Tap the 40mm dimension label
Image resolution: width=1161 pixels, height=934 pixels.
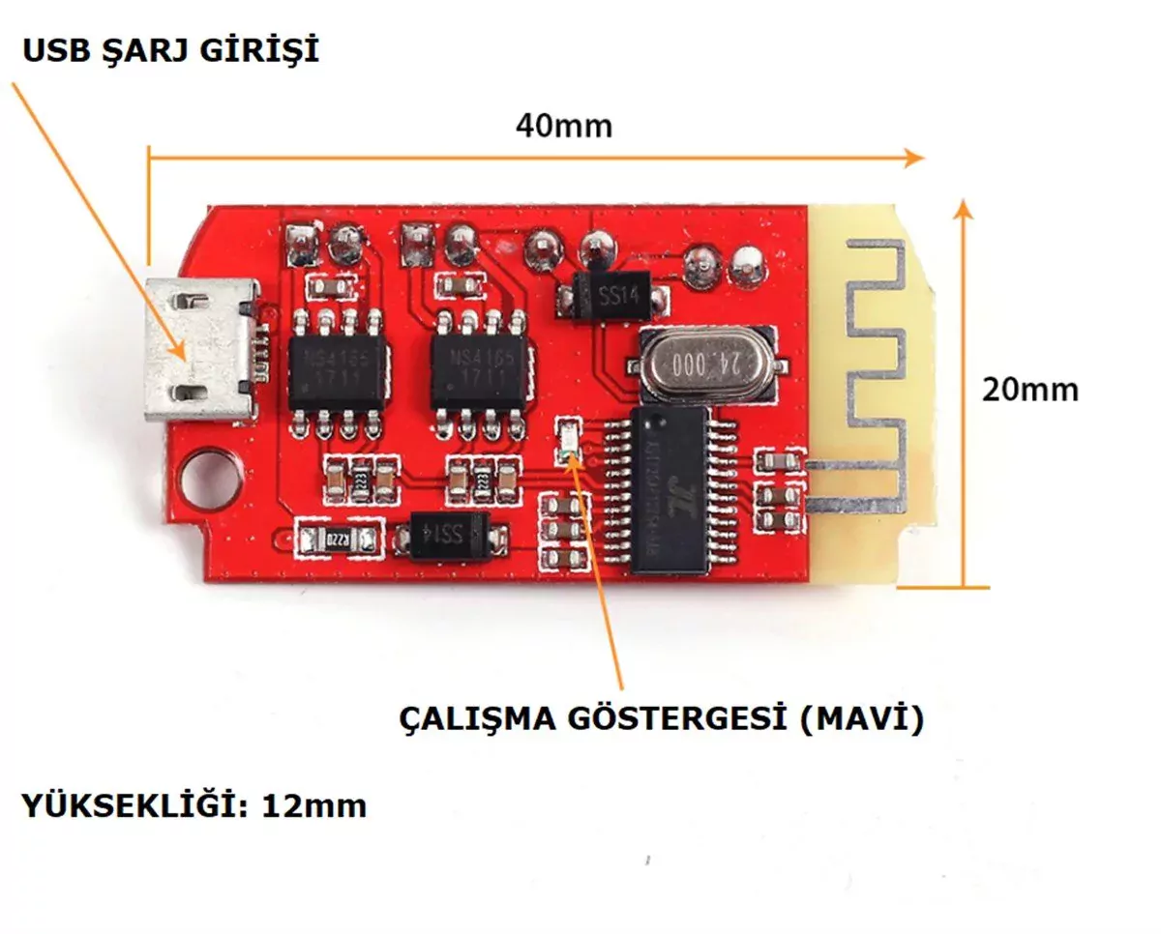pos(563,126)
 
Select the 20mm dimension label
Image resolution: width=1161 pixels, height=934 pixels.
pos(1029,390)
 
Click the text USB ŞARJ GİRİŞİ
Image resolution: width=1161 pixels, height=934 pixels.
pos(170,50)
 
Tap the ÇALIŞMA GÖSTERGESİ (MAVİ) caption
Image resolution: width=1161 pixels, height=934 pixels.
pos(662,718)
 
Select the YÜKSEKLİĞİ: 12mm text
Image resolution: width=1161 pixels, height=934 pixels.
pos(193,804)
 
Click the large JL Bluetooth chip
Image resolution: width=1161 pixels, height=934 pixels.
pos(670,492)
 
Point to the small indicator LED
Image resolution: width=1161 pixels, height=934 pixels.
pos(569,440)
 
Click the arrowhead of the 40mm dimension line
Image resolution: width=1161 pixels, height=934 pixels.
pos(914,157)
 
